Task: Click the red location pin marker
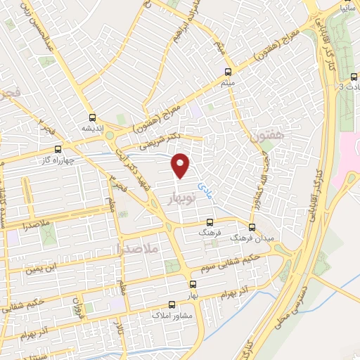pos(181,165)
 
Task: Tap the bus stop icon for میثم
pos(227,72)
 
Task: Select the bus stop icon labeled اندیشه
pos(92,118)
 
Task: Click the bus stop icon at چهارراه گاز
pos(58,148)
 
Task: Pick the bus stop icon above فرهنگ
pos(210,221)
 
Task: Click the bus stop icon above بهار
pos(193,285)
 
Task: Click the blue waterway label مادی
pos(205,191)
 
